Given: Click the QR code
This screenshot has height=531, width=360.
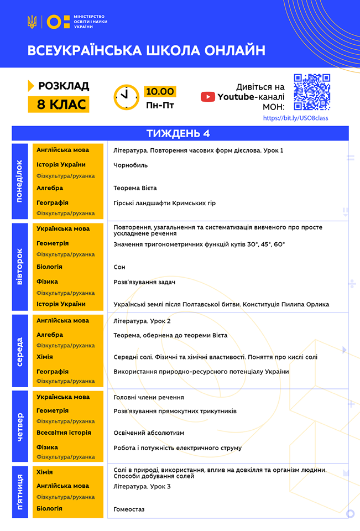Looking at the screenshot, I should (x=312, y=92).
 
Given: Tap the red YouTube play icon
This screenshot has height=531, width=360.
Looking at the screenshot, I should (x=208, y=97).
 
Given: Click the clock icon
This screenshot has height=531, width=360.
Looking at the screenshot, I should (x=127, y=97).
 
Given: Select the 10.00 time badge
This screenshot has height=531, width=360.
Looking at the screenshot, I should (x=159, y=91).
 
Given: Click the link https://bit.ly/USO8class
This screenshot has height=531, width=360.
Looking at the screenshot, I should (x=296, y=118).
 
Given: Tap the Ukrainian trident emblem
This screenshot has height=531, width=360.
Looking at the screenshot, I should (x=32, y=22).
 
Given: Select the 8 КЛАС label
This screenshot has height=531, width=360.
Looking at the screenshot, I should (x=58, y=104).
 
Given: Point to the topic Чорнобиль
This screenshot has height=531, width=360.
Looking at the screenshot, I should (x=131, y=165).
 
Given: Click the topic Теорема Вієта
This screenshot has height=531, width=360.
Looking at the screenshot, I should (x=135, y=188).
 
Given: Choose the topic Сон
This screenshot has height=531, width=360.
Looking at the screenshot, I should (x=119, y=267).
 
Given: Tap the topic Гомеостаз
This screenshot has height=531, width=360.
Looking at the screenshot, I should (x=129, y=509).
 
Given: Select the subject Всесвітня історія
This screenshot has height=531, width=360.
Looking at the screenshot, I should (x=64, y=433).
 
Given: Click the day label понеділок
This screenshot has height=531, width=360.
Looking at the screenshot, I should (x=19, y=181).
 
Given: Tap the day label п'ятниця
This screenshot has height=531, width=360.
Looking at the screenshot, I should (x=19, y=492).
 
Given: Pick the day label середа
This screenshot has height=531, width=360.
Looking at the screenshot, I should (x=19, y=351).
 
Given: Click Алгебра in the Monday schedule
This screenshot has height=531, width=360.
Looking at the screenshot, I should (x=50, y=188).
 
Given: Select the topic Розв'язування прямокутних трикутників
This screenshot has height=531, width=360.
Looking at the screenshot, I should (x=175, y=411).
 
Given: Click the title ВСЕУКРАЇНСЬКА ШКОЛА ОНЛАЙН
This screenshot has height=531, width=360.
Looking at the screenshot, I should (x=147, y=50).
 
